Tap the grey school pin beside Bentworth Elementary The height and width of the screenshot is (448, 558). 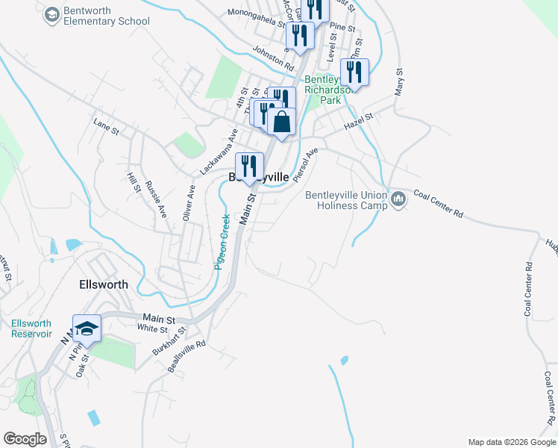tap(51, 14)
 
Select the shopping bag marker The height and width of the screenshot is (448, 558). tap(282, 122)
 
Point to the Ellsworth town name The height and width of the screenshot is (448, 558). tap(103, 284)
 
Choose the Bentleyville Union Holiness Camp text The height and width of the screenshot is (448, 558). tap(346, 200)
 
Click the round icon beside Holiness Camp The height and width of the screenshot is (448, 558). tap(398, 199)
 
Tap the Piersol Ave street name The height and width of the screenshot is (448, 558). tap(306, 164)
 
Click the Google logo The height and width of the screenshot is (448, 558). tap(24, 439)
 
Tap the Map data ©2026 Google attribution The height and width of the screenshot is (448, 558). tap(511, 442)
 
